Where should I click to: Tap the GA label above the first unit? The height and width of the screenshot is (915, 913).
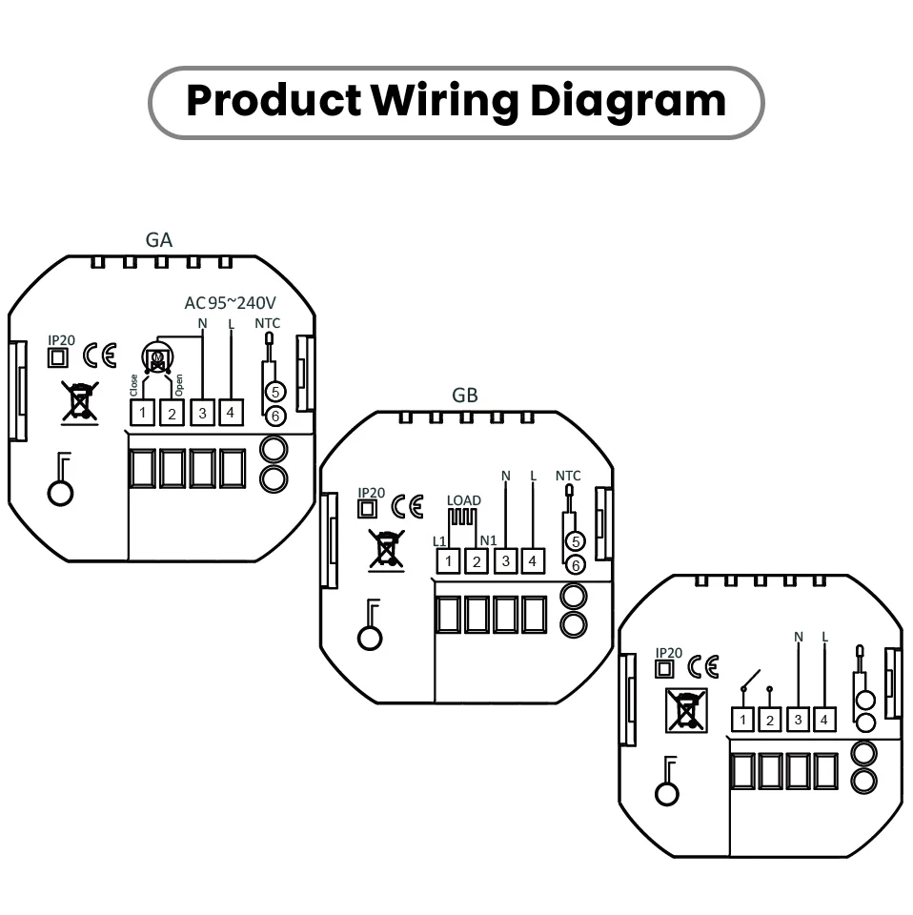click(x=159, y=239)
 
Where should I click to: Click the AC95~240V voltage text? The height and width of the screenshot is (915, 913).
click(x=230, y=303)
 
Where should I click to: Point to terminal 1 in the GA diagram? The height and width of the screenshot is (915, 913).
click(x=143, y=413)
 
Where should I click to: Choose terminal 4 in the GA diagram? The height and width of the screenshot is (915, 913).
click(x=231, y=413)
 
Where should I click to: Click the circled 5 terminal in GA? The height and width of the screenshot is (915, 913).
click(x=274, y=392)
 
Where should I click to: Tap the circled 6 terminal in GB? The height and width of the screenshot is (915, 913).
click(x=574, y=565)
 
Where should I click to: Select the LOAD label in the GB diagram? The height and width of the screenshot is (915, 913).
click(x=463, y=500)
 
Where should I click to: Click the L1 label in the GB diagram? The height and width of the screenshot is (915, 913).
click(x=439, y=541)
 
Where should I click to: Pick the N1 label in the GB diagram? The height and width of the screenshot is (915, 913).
click(x=488, y=541)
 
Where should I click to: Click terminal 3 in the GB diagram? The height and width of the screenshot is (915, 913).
click(x=505, y=561)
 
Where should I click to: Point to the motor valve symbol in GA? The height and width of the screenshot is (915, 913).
click(x=157, y=358)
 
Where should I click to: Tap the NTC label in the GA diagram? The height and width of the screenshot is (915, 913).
click(x=268, y=324)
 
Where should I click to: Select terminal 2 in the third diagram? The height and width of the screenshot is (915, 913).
click(x=771, y=720)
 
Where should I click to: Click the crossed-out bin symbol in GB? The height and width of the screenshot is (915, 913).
click(x=386, y=551)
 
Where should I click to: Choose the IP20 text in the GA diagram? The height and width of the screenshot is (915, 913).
click(x=61, y=340)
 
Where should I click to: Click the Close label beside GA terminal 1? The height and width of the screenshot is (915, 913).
click(x=133, y=386)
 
